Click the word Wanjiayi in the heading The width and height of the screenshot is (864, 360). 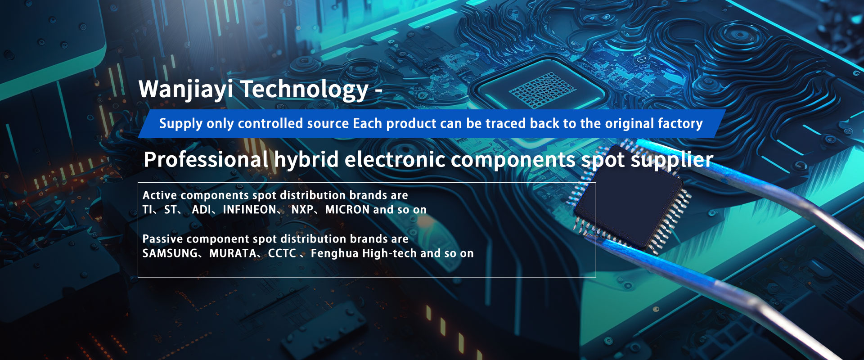pos(186,89)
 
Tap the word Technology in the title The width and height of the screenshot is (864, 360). pos(305,89)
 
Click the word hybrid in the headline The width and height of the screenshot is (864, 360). pos(306,160)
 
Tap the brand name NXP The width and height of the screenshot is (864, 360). pos(302,210)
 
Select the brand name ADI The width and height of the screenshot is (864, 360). pos(201,210)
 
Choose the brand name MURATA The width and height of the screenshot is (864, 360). pos(233,253)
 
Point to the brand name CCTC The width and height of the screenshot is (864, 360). pos(282,253)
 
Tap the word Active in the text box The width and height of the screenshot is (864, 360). pos(160,195)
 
